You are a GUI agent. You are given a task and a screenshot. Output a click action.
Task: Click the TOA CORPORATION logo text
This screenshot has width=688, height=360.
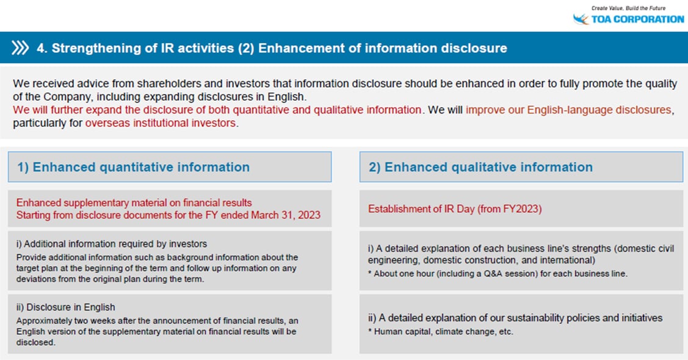pos(637,20)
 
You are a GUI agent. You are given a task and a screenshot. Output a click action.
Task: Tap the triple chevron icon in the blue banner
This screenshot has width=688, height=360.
pos(20,48)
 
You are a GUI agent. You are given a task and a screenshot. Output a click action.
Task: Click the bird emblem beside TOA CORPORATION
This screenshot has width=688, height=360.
pos(581,19)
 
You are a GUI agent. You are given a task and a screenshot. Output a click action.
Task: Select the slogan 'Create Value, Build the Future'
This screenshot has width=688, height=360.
pos(628,8)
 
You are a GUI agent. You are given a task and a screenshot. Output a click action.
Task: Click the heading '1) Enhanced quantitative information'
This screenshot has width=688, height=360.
pos(133,167)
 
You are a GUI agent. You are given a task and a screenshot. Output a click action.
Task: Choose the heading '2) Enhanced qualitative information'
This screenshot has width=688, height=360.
pos(480,167)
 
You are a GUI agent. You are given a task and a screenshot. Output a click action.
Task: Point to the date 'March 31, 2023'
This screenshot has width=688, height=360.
pos(286,215)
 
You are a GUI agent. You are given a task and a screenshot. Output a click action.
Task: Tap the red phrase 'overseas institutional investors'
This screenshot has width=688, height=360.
pos(161,123)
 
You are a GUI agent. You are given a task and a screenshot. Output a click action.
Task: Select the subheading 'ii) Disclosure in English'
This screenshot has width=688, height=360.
pos(66,308)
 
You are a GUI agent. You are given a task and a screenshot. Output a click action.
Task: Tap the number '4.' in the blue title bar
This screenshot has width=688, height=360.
pos(42,48)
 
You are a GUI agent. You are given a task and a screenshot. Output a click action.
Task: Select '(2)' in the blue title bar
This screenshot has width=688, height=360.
pos(246,48)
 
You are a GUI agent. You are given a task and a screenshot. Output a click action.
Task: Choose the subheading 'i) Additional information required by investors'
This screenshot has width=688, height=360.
pos(112,244)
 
